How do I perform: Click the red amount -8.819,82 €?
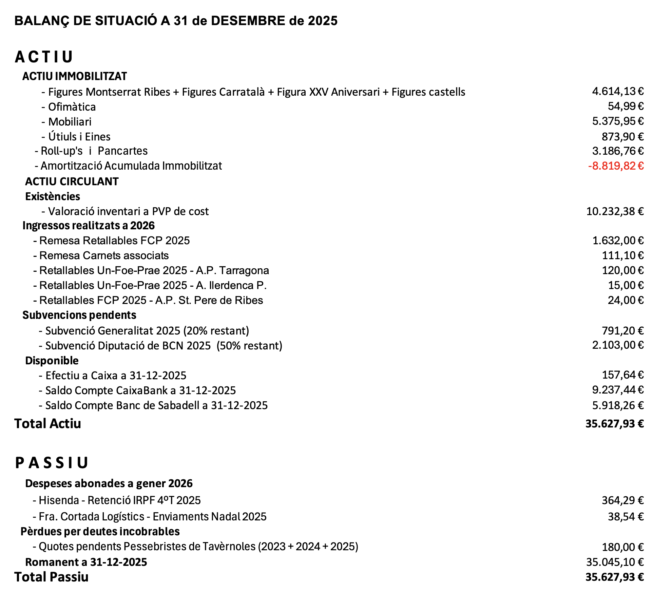(616, 166)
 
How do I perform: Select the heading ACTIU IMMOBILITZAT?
(75, 76)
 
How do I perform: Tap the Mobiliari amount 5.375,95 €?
(618, 121)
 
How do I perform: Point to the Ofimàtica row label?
(72, 107)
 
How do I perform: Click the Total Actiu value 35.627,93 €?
(614, 424)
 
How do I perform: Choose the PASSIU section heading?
(52, 463)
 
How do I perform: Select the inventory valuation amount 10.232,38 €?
(615, 211)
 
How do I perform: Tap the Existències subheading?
(53, 196)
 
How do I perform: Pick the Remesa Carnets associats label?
(104, 255)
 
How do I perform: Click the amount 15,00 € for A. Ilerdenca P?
(626, 285)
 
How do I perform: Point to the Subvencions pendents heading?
(79, 315)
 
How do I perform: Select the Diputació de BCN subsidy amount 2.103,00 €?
(618, 345)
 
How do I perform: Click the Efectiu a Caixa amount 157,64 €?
(622, 375)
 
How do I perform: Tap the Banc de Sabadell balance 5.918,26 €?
(618, 405)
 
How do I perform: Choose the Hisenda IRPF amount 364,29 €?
(622, 500)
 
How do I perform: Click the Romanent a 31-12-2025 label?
(86, 562)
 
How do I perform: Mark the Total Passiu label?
(51, 577)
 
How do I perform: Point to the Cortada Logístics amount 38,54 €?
(626, 517)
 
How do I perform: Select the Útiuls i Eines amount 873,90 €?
(622, 137)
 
